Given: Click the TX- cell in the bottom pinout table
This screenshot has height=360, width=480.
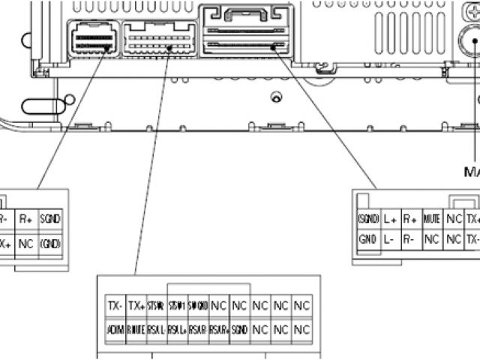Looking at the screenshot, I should coord(115,306).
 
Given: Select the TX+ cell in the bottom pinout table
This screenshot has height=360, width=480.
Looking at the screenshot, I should coord(136,306).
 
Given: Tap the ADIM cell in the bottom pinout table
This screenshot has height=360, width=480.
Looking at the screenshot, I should coord(115,329).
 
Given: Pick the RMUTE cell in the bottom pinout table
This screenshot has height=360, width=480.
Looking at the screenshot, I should coord(136,329).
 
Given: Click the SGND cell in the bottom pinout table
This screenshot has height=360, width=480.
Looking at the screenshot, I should coord(239,329).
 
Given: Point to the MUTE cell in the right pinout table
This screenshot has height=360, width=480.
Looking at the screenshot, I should coord(431,220).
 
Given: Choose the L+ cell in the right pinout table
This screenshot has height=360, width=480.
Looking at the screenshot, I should coord(390,220).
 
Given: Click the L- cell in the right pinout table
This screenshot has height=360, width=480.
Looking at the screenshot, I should coord(390,240).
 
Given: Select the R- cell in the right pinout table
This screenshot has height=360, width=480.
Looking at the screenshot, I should coord(410,240).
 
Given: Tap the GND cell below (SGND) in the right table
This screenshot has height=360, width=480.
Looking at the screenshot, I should coord(367,240).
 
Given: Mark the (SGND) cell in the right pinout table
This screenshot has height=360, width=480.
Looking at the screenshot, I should coord(367,220).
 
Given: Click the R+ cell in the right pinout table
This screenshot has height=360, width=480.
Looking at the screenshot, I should coord(410,220).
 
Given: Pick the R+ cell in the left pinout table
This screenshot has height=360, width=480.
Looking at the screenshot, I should coord(25,220).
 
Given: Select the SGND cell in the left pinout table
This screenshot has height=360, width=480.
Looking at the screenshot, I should coord(50,220).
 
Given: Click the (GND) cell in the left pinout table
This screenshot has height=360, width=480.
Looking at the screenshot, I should coord(50,244).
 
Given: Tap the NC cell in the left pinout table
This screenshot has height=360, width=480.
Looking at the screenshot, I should coord(25,244).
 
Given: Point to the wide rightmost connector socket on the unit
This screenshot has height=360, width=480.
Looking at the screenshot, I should coord(245,31).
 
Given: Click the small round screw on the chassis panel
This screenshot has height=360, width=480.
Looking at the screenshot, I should coord(277,97).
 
